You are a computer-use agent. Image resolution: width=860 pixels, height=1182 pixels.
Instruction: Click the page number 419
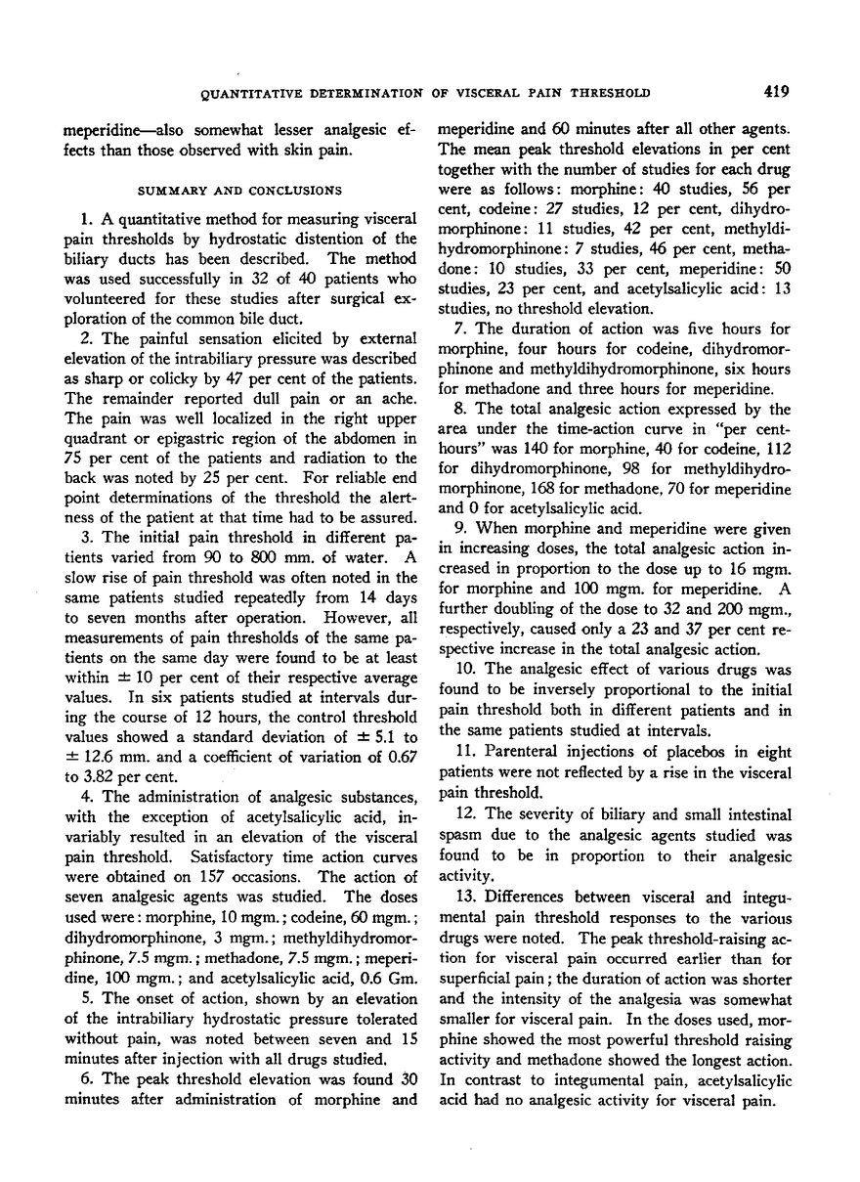(x=777, y=93)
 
